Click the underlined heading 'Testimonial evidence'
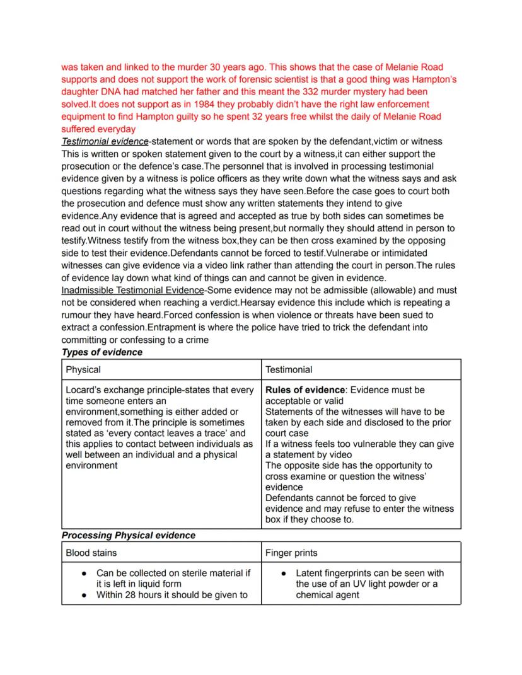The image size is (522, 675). click(105, 141)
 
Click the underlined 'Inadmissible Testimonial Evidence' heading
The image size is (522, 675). click(132, 291)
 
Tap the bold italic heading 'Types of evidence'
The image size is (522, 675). click(101, 352)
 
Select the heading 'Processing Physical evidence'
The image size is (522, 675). click(128, 535)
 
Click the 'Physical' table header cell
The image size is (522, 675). click(83, 369)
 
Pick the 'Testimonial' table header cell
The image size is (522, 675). click(288, 369)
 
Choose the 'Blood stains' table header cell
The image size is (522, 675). click(91, 553)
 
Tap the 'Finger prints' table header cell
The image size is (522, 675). click(291, 553)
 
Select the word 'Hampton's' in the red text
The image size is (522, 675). click(433, 79)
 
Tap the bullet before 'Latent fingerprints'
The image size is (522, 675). click(284, 574)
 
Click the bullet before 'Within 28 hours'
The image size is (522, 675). click(84, 594)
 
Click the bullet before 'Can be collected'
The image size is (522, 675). click(84, 574)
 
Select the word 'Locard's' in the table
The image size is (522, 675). click(85, 390)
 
